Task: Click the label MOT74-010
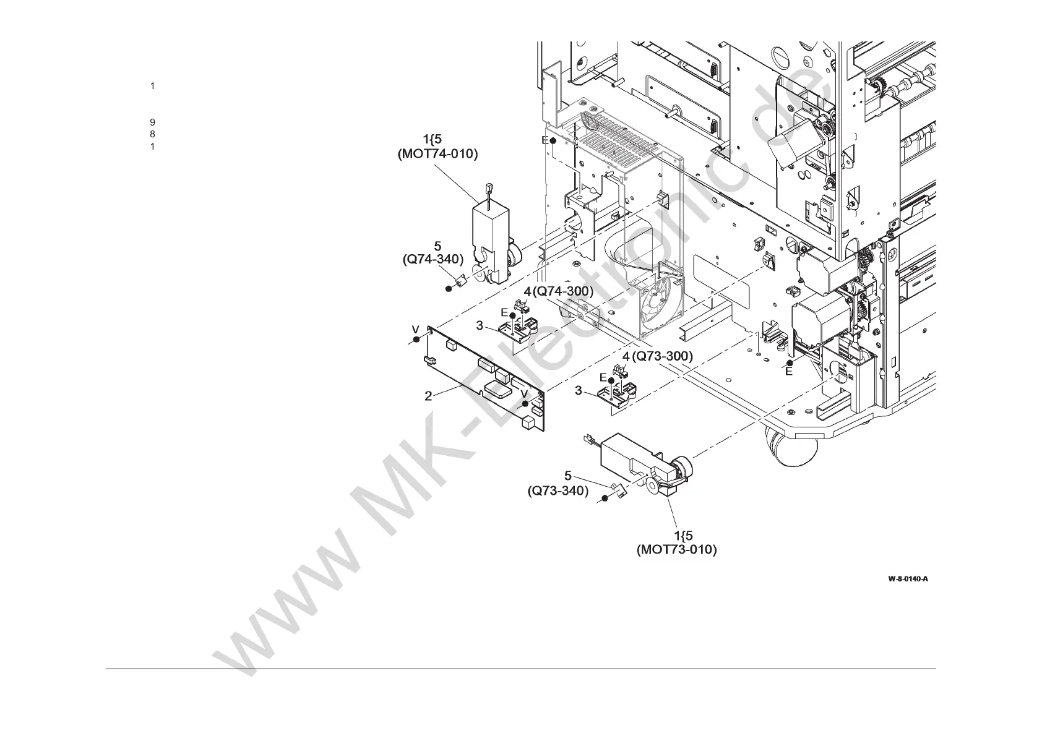click(437, 154)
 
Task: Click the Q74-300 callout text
click(563, 291)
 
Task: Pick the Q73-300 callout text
click(661, 356)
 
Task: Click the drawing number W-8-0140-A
click(908, 579)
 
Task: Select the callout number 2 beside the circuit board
click(428, 396)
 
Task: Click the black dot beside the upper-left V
click(417, 340)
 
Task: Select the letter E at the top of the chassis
click(545, 140)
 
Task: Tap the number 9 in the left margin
click(152, 122)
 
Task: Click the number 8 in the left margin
click(152, 134)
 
